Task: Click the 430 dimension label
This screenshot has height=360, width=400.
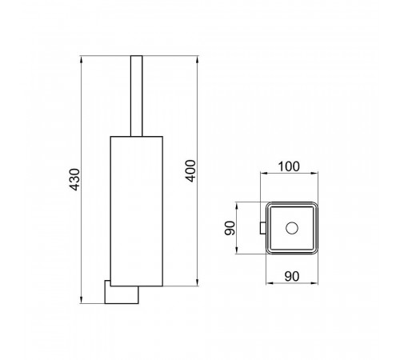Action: point(74,179)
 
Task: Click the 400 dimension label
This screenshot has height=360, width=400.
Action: point(190,170)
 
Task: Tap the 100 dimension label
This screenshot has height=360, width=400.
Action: point(289,166)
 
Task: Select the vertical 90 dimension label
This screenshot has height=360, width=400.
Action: point(230,228)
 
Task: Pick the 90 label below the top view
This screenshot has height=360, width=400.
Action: point(292,276)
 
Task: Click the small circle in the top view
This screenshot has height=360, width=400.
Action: point(292,228)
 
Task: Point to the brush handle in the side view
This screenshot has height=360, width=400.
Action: point(137,96)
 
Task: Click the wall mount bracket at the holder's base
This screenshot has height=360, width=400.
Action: point(122,292)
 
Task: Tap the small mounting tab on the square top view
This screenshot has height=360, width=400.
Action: point(263,228)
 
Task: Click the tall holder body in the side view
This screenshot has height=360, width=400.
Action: point(137,211)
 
